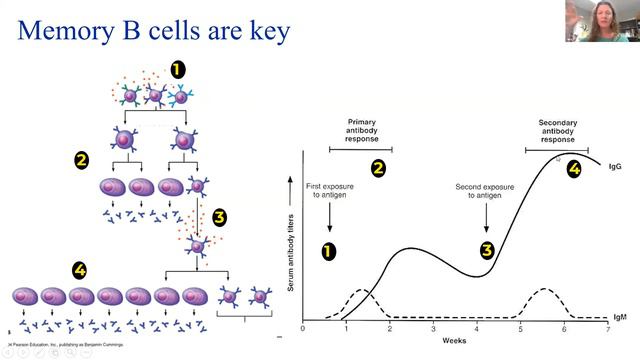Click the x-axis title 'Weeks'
pos(455,341)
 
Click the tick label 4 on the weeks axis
pos(476,329)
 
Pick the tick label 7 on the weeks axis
pos(607,329)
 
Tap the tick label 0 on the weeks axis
pos(303,329)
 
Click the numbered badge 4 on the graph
pos(573,169)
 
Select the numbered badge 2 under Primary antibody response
pos(378,168)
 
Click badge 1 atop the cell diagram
pos(177,70)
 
